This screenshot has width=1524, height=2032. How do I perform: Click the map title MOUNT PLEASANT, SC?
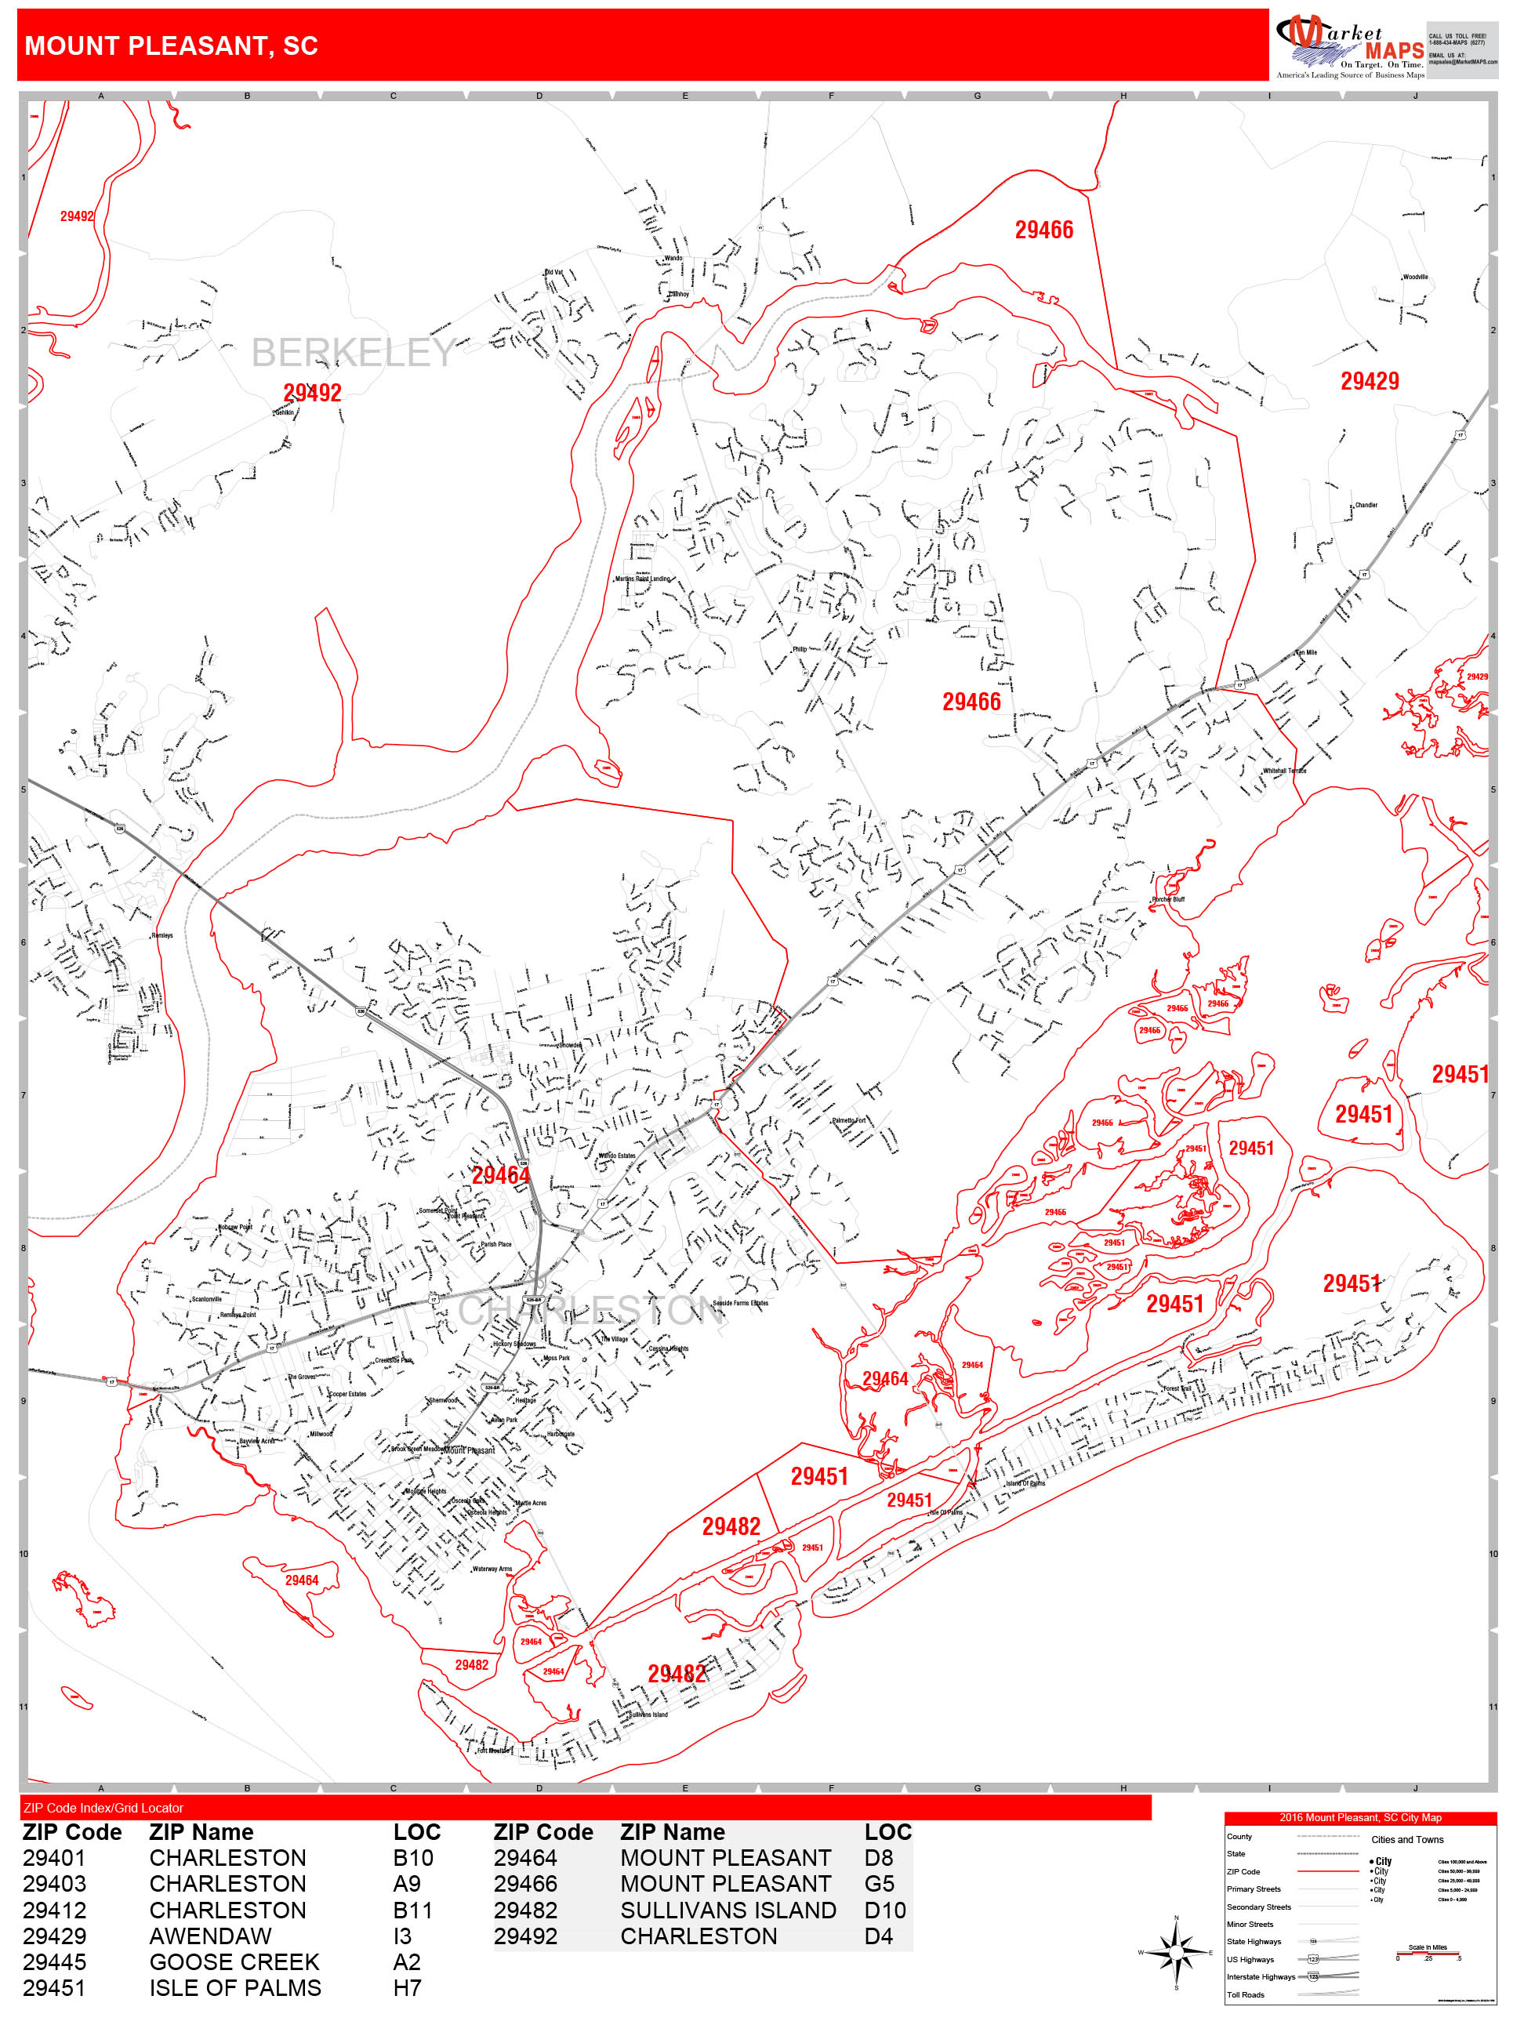pos(171,46)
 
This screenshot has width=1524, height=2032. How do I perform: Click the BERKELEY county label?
pos(353,353)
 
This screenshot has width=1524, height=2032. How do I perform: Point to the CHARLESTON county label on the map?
pos(590,1311)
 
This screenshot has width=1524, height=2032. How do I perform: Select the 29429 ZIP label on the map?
pos(1369,381)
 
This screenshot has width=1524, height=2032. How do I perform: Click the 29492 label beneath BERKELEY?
pos(312,394)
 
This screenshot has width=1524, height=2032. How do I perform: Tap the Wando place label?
pos(673,258)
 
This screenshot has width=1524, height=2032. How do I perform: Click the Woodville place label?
pos(1415,277)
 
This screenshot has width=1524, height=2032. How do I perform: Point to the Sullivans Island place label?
pos(648,1714)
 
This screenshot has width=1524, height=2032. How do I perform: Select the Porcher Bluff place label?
pos(1169,899)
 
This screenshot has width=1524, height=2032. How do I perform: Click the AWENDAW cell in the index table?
pos(210,1936)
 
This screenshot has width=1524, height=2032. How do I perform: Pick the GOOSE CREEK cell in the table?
pos(234,1961)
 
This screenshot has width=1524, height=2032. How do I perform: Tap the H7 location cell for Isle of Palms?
pos(407,1988)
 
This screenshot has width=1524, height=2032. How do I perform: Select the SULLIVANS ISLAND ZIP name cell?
pos(728,1910)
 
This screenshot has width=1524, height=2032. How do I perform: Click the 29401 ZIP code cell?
pos(54,1857)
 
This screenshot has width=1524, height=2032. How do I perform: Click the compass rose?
pos(1176,1951)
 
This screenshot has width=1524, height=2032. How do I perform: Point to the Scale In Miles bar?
pos(1428,1953)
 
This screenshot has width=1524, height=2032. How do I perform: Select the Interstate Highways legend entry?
pos(1261,1977)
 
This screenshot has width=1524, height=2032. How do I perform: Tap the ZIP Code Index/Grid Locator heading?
pos(103,1808)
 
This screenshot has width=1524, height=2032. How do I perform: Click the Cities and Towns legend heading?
pos(1406,1839)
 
